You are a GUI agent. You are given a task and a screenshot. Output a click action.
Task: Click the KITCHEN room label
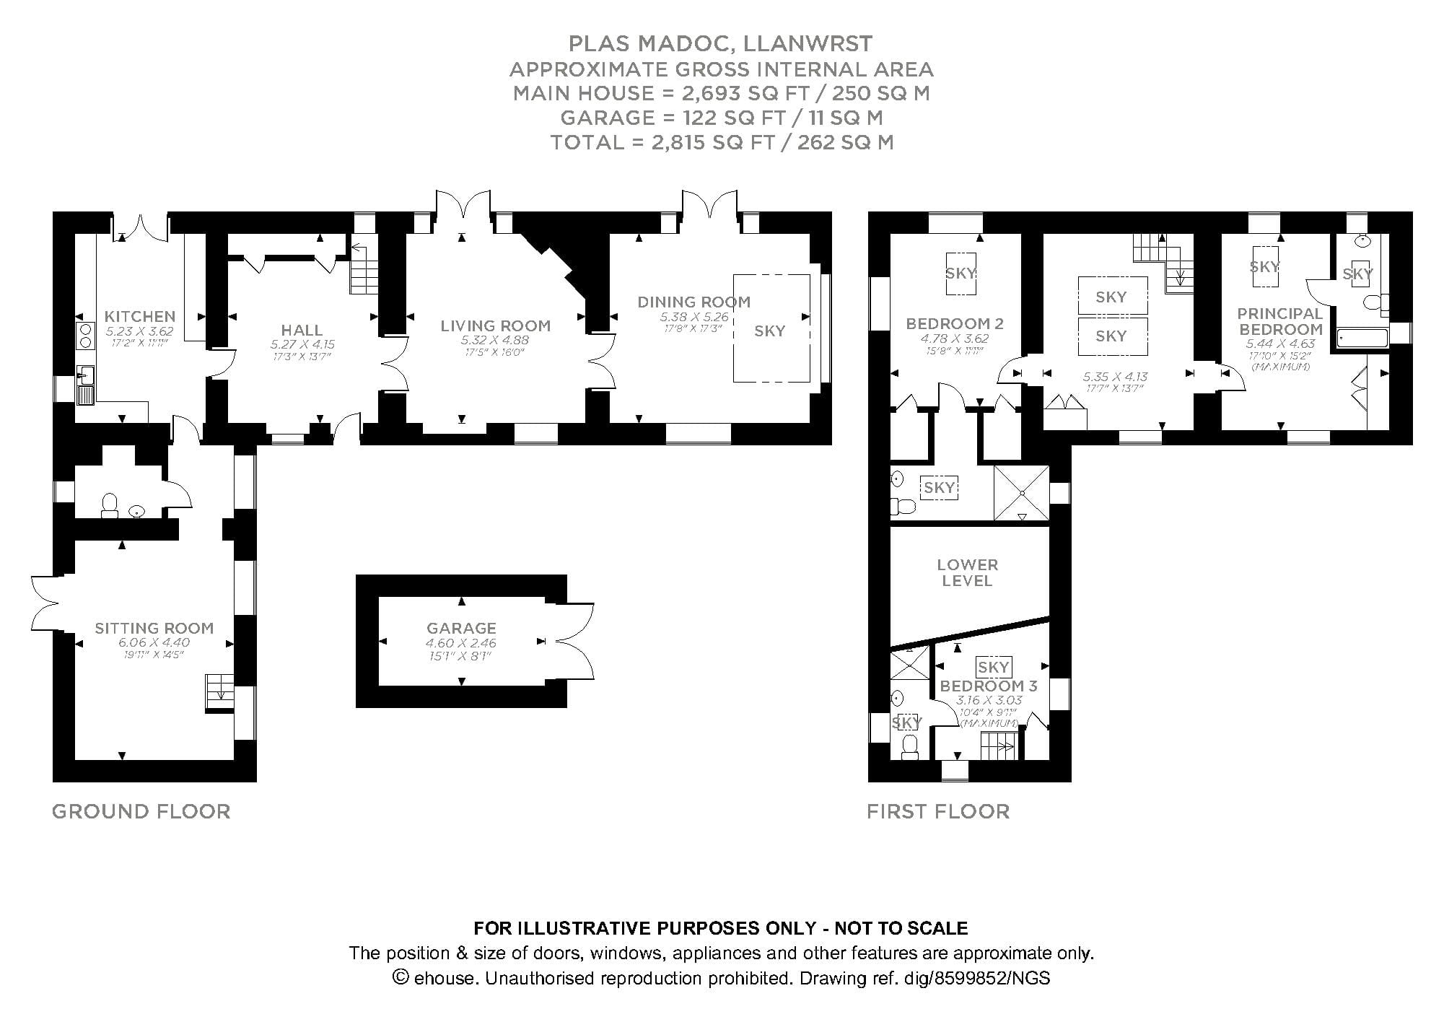tap(139, 316)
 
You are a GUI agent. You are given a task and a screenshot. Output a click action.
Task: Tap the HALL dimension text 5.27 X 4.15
tap(302, 344)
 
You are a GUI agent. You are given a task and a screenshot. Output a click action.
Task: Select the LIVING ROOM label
tap(495, 326)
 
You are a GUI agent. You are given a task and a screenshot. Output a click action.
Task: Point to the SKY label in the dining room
tap(769, 331)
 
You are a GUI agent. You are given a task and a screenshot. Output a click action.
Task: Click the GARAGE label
tap(461, 628)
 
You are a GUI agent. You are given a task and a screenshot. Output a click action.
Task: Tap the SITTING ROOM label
tap(154, 628)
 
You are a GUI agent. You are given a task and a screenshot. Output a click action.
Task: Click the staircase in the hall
tap(364, 272)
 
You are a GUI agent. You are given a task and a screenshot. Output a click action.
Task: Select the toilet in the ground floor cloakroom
tap(110, 505)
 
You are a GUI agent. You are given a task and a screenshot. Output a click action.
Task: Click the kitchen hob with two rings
tap(85, 336)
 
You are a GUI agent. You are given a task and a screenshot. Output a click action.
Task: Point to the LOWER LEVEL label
tap(967, 572)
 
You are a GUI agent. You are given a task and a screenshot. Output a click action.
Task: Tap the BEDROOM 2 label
tap(955, 323)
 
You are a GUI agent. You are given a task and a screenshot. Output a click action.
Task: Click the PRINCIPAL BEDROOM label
tap(1280, 320)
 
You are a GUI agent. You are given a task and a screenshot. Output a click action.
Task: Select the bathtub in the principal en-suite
tap(1361, 339)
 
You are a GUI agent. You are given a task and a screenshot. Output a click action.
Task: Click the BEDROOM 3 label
tap(988, 686)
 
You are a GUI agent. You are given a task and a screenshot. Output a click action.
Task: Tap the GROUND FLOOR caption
tap(141, 811)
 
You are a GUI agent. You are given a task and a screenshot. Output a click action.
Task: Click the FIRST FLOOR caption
tap(937, 811)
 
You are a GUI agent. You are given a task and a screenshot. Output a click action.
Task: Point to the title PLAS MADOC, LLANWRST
tap(720, 44)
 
